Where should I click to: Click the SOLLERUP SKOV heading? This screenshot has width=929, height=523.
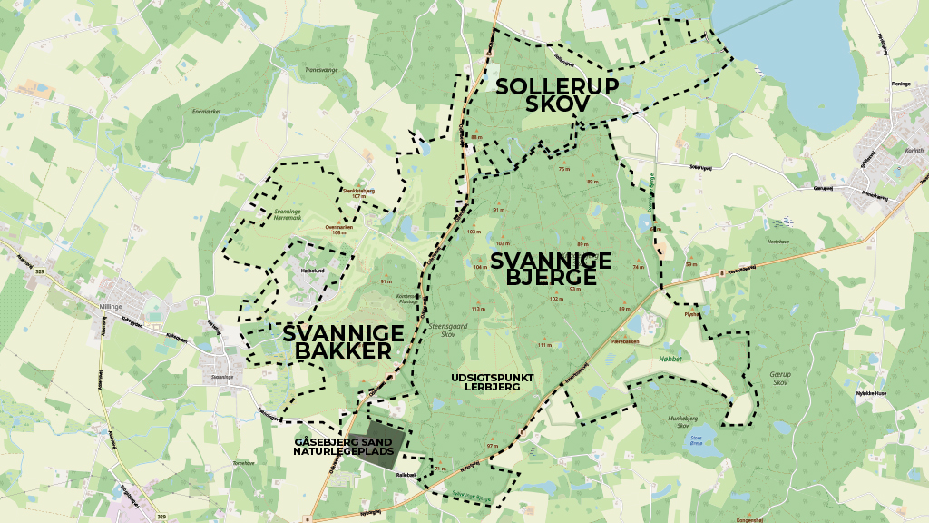(x=557, y=94)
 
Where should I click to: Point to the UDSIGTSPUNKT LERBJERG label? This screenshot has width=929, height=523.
(x=498, y=381)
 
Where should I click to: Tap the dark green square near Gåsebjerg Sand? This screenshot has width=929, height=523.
(x=381, y=446)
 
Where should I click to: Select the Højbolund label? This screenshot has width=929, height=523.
(x=311, y=269)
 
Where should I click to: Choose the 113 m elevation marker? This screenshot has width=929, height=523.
(x=478, y=309)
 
